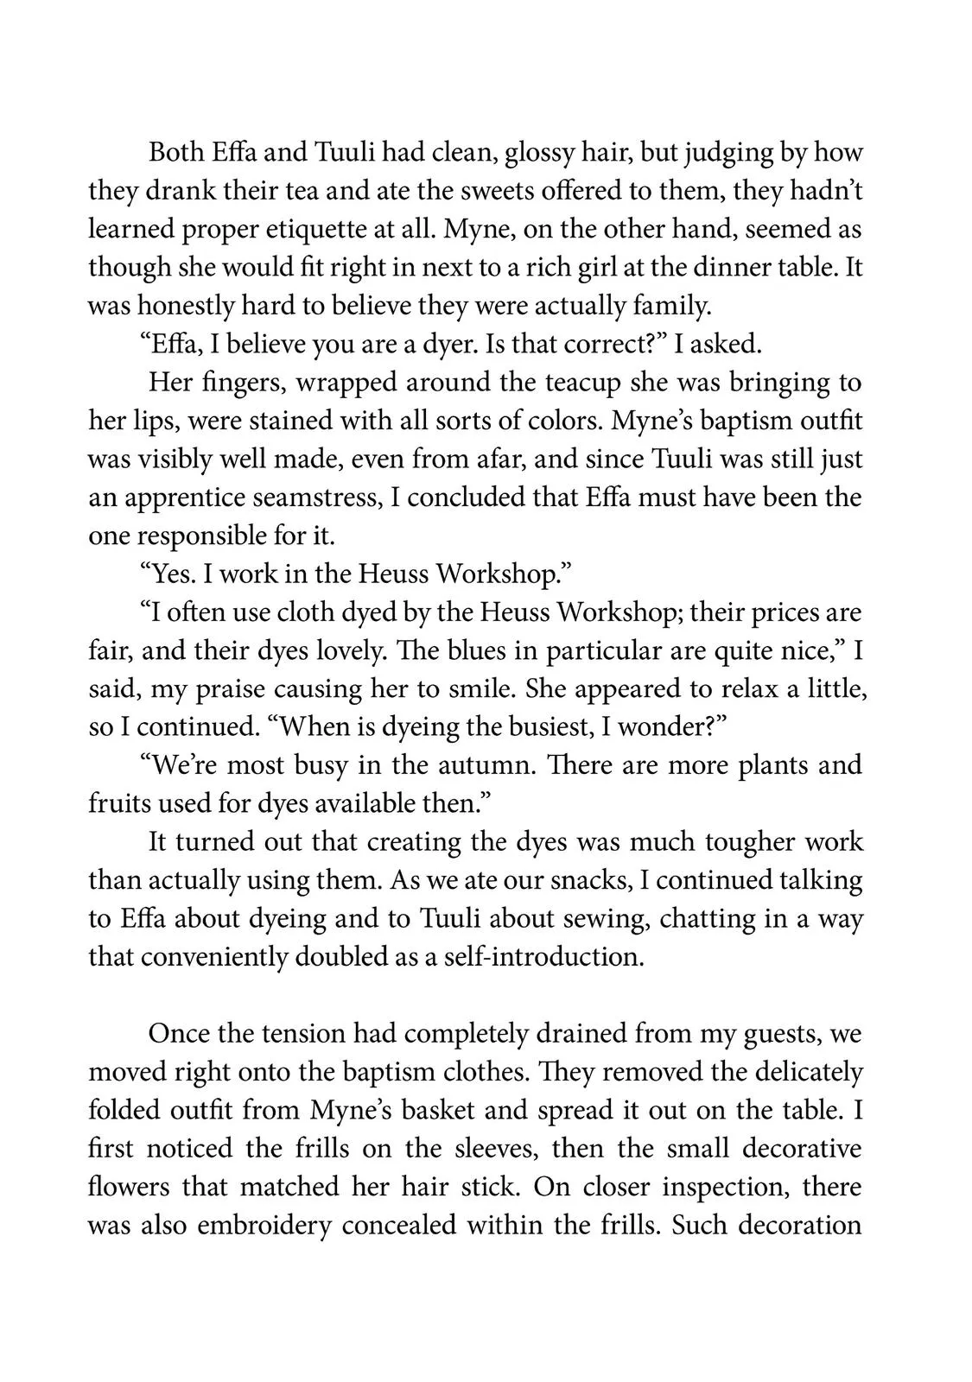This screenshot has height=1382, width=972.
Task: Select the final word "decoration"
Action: pyautogui.click(x=790, y=1226)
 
